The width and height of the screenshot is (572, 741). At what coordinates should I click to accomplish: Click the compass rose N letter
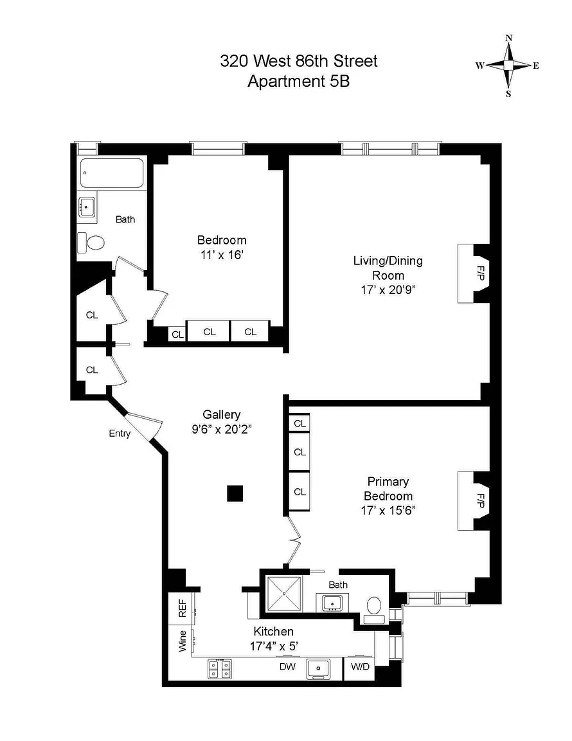coord(509,39)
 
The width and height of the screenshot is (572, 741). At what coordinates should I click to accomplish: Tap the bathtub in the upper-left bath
coord(112,173)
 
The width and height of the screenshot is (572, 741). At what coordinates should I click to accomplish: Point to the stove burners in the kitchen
coord(220,669)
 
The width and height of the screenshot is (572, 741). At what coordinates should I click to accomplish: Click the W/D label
coord(360,667)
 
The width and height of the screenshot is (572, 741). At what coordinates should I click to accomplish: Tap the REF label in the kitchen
coord(183,608)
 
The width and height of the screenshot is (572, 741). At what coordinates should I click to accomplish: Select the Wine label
coord(183,641)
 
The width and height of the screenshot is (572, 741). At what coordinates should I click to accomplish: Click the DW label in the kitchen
coord(287,667)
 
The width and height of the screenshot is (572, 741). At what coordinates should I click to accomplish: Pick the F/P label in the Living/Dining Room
coord(480,273)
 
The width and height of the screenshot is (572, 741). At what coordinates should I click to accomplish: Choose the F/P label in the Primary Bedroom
coord(480,500)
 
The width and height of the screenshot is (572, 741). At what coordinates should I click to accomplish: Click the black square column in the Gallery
coord(235,493)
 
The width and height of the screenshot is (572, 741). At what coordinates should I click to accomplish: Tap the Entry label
coord(120,434)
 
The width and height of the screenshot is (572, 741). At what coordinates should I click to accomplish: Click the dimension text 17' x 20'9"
coord(388,289)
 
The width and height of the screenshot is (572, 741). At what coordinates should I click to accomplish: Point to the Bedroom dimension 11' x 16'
coord(222,255)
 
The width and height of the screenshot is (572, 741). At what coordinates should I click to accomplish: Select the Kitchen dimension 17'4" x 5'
coord(274,646)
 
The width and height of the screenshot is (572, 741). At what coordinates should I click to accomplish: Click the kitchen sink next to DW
coord(318,669)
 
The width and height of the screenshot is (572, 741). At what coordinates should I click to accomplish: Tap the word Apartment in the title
coord(285,81)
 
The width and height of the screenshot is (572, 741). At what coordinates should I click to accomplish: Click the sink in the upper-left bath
coord(87,207)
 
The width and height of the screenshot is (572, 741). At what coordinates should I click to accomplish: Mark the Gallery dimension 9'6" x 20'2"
coord(222,429)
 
